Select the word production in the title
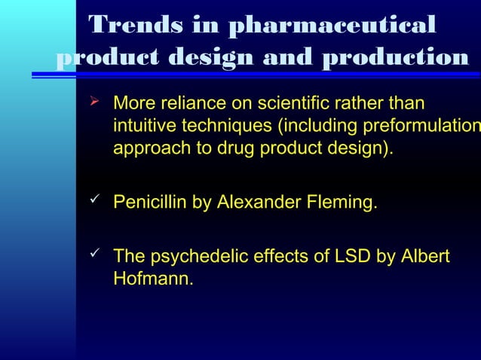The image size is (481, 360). coord(395,58)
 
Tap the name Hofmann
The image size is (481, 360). coord(153,279)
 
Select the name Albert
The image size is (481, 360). coord(425,258)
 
